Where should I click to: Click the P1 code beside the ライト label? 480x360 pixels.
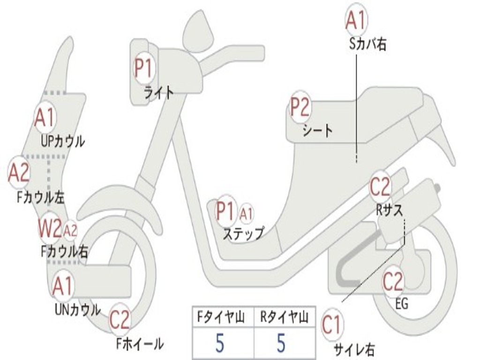pyautogui.click(x=143, y=68)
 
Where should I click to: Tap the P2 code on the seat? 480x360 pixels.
pyautogui.click(x=300, y=107)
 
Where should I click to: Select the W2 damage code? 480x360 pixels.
pyautogui.click(x=50, y=229)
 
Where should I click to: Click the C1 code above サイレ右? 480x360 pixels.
pyautogui.click(x=332, y=325)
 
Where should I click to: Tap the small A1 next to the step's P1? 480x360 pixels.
pyautogui.click(x=246, y=214)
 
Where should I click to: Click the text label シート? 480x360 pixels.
pyautogui.click(x=317, y=130)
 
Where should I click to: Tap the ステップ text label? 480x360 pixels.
pyautogui.click(x=243, y=233)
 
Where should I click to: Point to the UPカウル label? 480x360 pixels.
pyautogui.click(x=62, y=141)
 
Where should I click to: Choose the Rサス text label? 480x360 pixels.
pyautogui.click(x=390, y=210)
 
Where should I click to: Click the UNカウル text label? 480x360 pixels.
pyautogui.click(x=77, y=309)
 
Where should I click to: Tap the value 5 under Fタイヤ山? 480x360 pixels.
pyautogui.click(x=220, y=344)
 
